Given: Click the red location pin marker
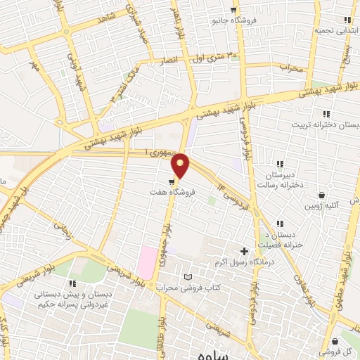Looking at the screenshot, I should coord(181,165).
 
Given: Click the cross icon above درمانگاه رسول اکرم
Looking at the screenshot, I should coord(245,251).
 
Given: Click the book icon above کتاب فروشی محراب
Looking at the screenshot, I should coord(187,277).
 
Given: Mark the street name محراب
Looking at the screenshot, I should coord(290,67).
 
